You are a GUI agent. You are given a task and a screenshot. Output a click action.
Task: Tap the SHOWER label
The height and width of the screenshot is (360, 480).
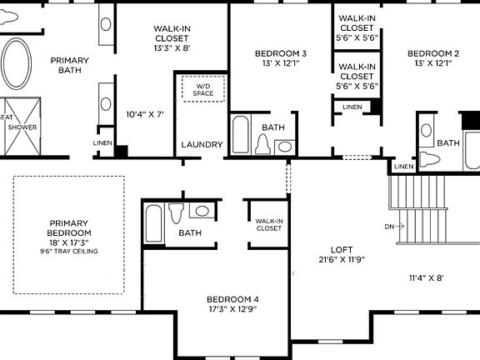pyautogui.click(x=22, y=127)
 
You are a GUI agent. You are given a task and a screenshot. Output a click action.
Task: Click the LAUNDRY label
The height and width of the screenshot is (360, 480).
pyautogui.click(x=202, y=145)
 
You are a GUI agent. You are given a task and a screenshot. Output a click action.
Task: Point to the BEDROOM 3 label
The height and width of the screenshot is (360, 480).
pyautogui.click(x=280, y=54)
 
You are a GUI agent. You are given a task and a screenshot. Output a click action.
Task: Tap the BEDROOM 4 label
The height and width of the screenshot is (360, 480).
pyautogui.click(x=232, y=299)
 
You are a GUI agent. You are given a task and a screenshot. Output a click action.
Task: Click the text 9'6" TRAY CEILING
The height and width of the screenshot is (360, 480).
pyautogui.click(x=69, y=252)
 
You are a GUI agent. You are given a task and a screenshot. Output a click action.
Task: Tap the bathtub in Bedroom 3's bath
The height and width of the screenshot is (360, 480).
pyautogui.click(x=241, y=136)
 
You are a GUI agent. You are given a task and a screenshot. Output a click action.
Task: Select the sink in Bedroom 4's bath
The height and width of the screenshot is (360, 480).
pyautogui.click(x=200, y=211)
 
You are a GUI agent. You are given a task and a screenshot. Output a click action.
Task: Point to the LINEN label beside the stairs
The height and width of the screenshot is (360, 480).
pyautogui.click(x=403, y=167)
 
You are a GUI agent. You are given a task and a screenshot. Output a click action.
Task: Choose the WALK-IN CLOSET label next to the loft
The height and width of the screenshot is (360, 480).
pyautogui.click(x=268, y=224)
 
